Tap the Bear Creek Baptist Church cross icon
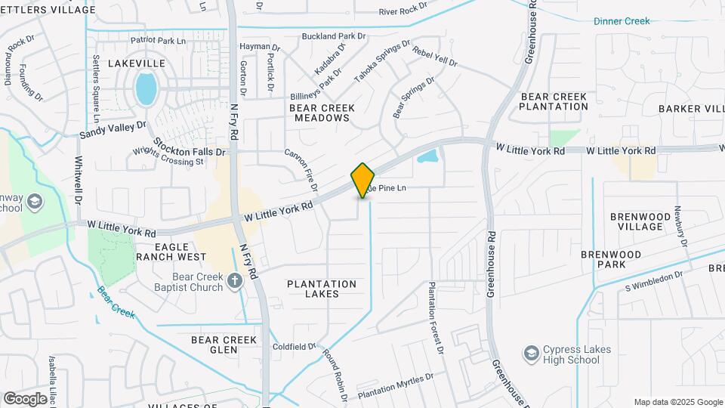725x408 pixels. click(235, 283)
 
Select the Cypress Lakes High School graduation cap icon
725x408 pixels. click(532, 353)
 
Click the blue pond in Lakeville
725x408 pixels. click(146, 88)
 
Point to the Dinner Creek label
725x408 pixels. click(622, 21)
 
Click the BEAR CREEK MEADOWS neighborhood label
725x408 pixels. click(322, 113)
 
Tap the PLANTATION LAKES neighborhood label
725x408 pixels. click(322, 289)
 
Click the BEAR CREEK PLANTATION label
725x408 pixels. click(554, 101)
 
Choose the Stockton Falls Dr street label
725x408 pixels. click(190, 147)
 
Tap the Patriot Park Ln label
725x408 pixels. click(158, 39)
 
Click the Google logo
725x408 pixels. click(25, 398)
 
